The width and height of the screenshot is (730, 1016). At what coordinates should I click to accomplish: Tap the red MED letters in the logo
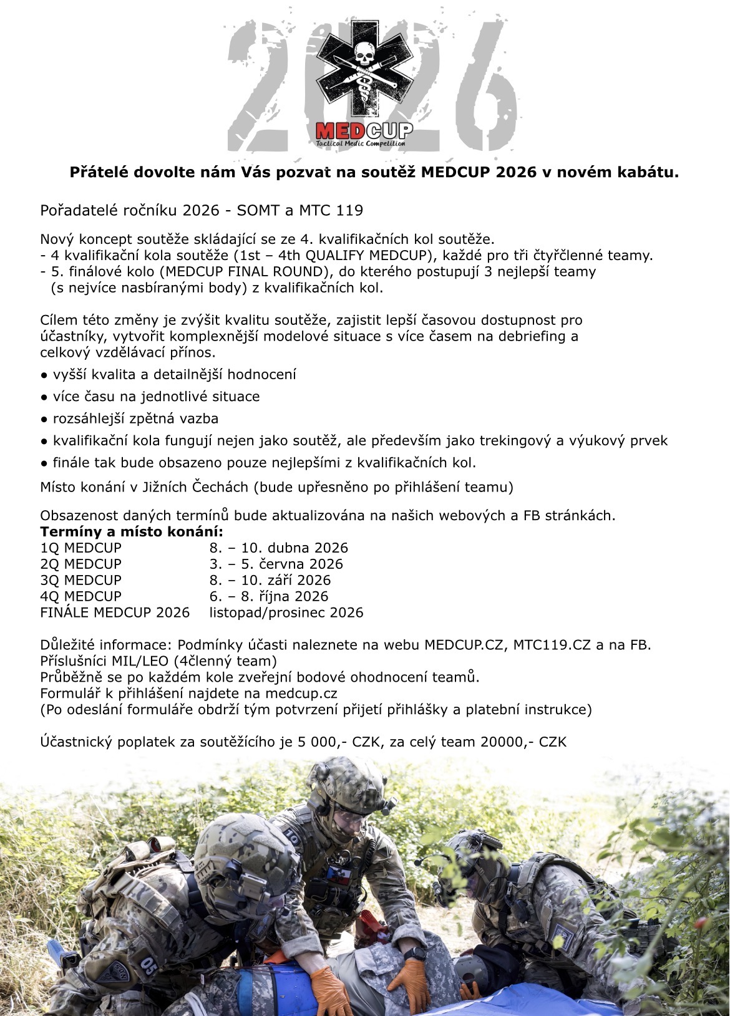coord(340,131)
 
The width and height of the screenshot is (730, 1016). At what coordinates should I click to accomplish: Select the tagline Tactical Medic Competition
coord(361,143)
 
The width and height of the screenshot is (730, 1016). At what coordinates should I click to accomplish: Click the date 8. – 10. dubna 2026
coord(278,548)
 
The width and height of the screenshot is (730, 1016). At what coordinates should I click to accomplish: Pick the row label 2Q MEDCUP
coord(81,564)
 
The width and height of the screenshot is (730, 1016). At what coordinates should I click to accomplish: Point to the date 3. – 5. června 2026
coord(276,564)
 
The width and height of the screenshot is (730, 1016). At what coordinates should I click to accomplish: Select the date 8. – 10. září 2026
coord(270,580)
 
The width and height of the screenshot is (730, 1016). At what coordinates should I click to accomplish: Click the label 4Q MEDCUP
coord(81,596)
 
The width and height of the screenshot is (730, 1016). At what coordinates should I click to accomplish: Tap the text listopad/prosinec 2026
coord(286,612)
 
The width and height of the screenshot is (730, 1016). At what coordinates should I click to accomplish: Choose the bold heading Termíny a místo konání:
coord(132,532)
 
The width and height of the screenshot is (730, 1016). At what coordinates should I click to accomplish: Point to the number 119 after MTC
coord(349,210)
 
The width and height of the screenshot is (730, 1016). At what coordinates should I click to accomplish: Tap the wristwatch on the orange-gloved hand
coord(414,954)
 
